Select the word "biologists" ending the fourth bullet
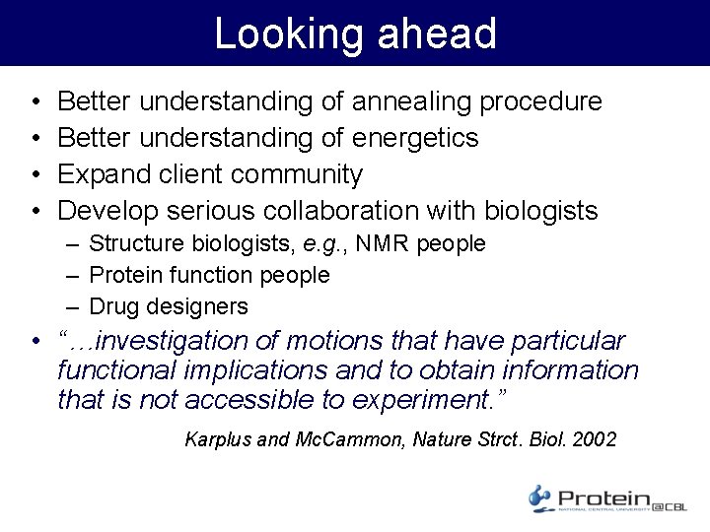tap(540, 211)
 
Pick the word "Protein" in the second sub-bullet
tap(126, 275)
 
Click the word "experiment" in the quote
tap(417, 401)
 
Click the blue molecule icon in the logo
tap(540, 498)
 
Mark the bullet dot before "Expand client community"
tap(35, 174)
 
